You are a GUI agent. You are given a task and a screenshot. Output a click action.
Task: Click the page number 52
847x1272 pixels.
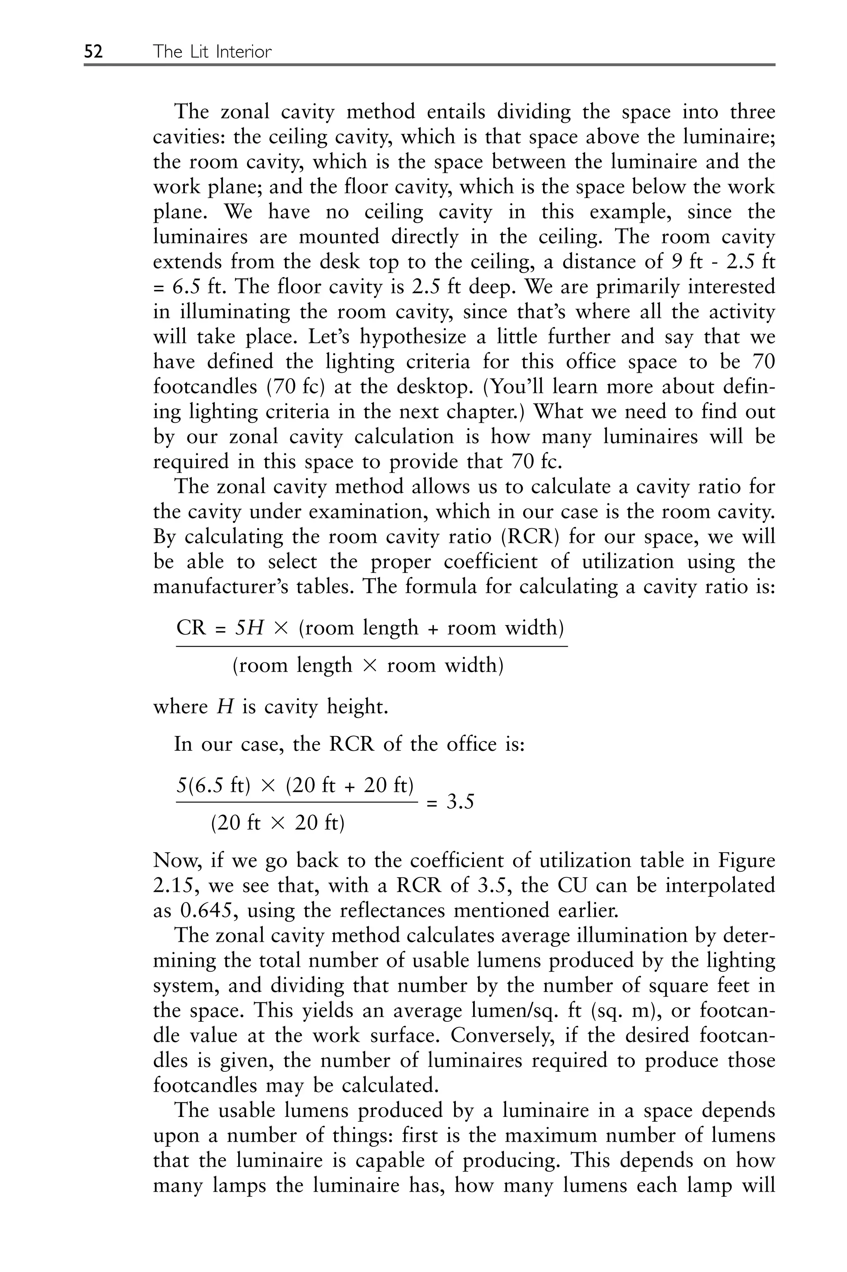point(93,51)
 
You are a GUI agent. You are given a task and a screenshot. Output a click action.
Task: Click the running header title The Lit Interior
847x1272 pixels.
point(212,51)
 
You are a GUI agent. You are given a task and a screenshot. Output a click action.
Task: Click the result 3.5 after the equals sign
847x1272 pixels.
point(460,802)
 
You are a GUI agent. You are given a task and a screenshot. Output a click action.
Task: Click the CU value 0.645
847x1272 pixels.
point(207,910)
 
